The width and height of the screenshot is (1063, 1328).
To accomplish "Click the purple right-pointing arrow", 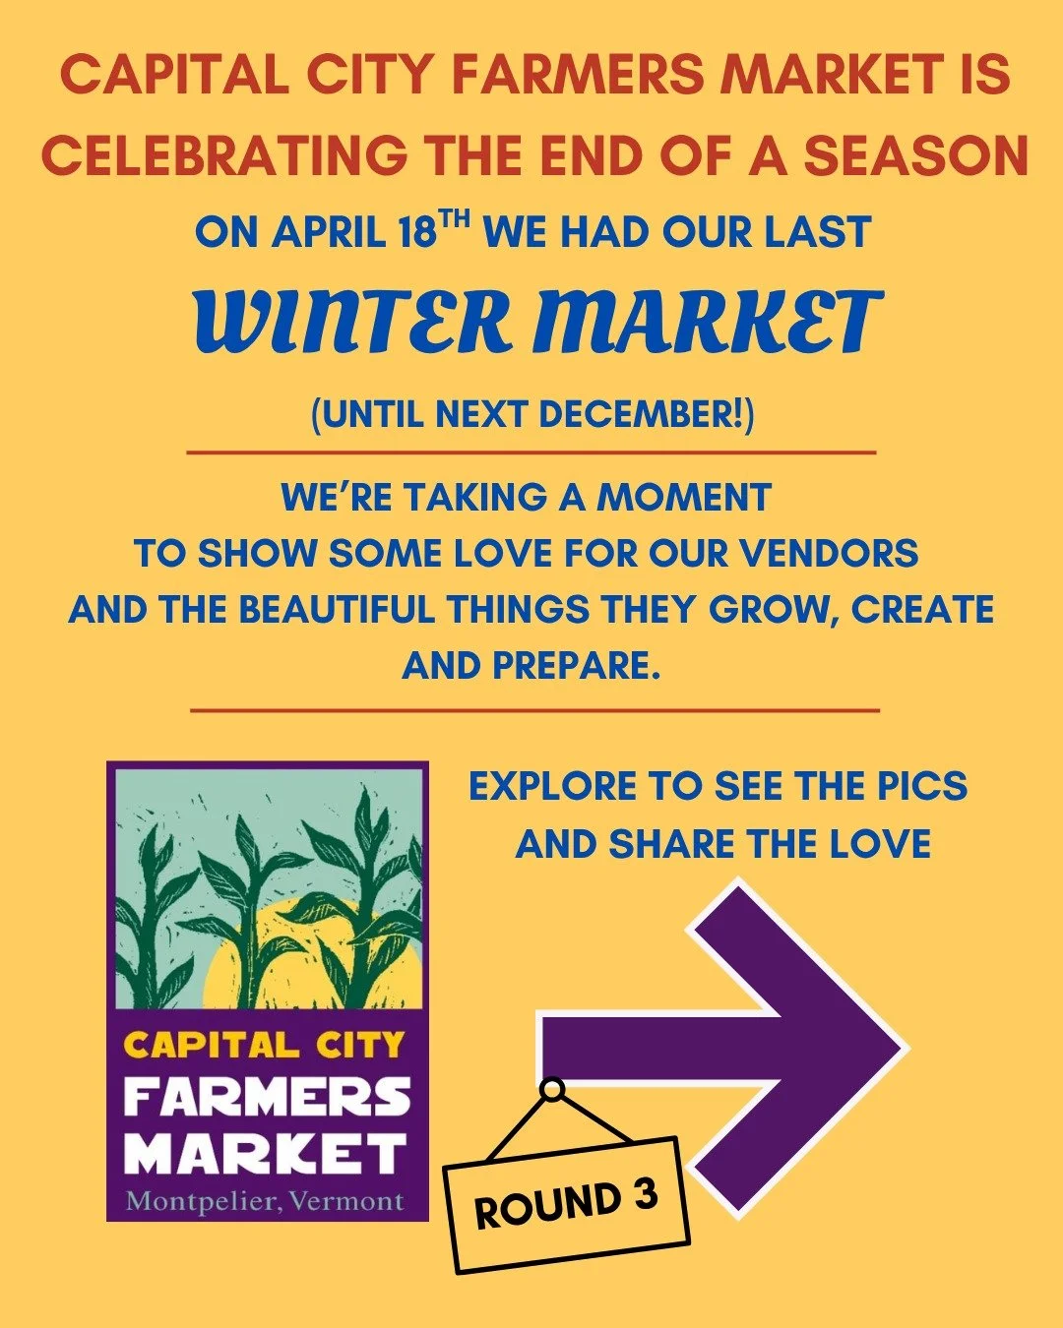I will pyautogui.click(x=748, y=1048).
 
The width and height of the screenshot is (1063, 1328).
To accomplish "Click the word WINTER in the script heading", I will pyautogui.click(x=354, y=321).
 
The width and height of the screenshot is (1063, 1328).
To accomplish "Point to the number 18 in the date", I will pyautogui.click(x=417, y=233).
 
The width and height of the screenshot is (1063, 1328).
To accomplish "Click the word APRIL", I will pyautogui.click(x=329, y=233).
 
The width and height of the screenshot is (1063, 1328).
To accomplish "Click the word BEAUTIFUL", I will pyautogui.click(x=336, y=609).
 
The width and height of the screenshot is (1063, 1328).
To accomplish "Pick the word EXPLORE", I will pyautogui.click(x=552, y=787).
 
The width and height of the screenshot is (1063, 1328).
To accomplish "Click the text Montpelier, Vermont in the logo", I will pyautogui.click(x=265, y=1201).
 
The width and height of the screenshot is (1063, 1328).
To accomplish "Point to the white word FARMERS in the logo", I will pyautogui.click(x=267, y=1097).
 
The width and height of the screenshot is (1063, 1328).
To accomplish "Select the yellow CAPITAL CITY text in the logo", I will pyautogui.click(x=265, y=1044).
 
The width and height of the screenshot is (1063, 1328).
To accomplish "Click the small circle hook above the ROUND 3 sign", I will pyautogui.click(x=553, y=1089).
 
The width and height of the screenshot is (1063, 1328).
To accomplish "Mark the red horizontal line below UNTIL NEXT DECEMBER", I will pyautogui.click(x=531, y=453).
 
